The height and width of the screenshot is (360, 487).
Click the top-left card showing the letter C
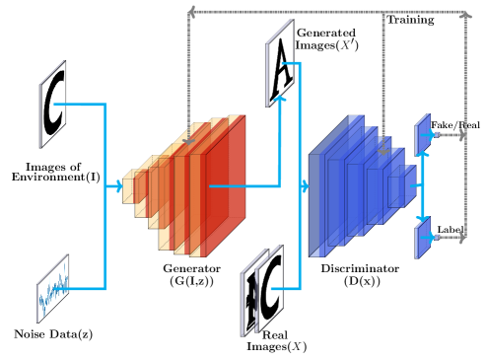(53, 105)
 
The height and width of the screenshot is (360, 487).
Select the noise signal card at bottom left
(53, 289)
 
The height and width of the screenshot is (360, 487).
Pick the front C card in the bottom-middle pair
(269, 289)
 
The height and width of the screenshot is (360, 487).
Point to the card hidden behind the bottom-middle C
(249, 300)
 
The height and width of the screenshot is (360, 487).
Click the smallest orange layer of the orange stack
(128, 187)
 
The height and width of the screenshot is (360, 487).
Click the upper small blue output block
(422, 134)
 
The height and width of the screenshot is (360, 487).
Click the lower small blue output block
(422, 238)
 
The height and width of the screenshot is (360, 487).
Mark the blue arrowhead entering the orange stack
(119, 186)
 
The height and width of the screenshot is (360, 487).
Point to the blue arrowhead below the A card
(280, 98)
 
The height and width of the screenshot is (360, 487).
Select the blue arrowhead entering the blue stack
(305, 186)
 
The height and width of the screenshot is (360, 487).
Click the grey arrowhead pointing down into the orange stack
(188, 141)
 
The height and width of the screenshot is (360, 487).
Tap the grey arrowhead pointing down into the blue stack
(383, 150)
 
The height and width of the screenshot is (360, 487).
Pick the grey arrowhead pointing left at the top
(191, 12)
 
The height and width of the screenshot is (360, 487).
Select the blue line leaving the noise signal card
(87, 289)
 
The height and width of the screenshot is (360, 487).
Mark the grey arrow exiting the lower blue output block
(452, 238)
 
